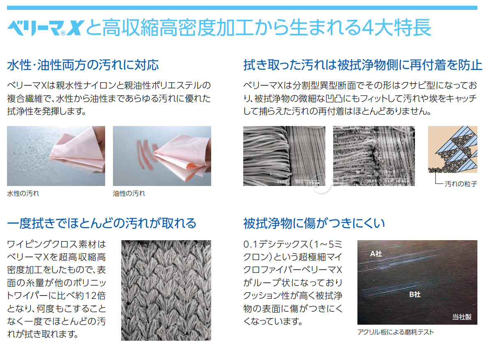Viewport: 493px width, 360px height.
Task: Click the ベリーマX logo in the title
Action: click(45, 28)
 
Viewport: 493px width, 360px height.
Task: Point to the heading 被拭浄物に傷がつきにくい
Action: click(314, 223)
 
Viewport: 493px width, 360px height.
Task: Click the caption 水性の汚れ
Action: click(23, 193)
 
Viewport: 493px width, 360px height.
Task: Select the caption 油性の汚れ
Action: click(129, 193)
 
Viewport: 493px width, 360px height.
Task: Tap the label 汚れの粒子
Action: click(461, 184)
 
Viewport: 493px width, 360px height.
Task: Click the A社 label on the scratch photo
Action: click(376, 254)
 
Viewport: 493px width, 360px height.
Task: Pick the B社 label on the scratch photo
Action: click(415, 294)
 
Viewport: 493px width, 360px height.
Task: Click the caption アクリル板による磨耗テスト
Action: click(396, 332)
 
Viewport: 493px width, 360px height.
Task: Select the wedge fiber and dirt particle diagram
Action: click(452, 151)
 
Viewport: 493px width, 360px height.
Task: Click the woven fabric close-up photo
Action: click(166, 290)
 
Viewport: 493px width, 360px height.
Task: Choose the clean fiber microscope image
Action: click(284, 156)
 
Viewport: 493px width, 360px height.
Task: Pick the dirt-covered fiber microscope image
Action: click(374, 156)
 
